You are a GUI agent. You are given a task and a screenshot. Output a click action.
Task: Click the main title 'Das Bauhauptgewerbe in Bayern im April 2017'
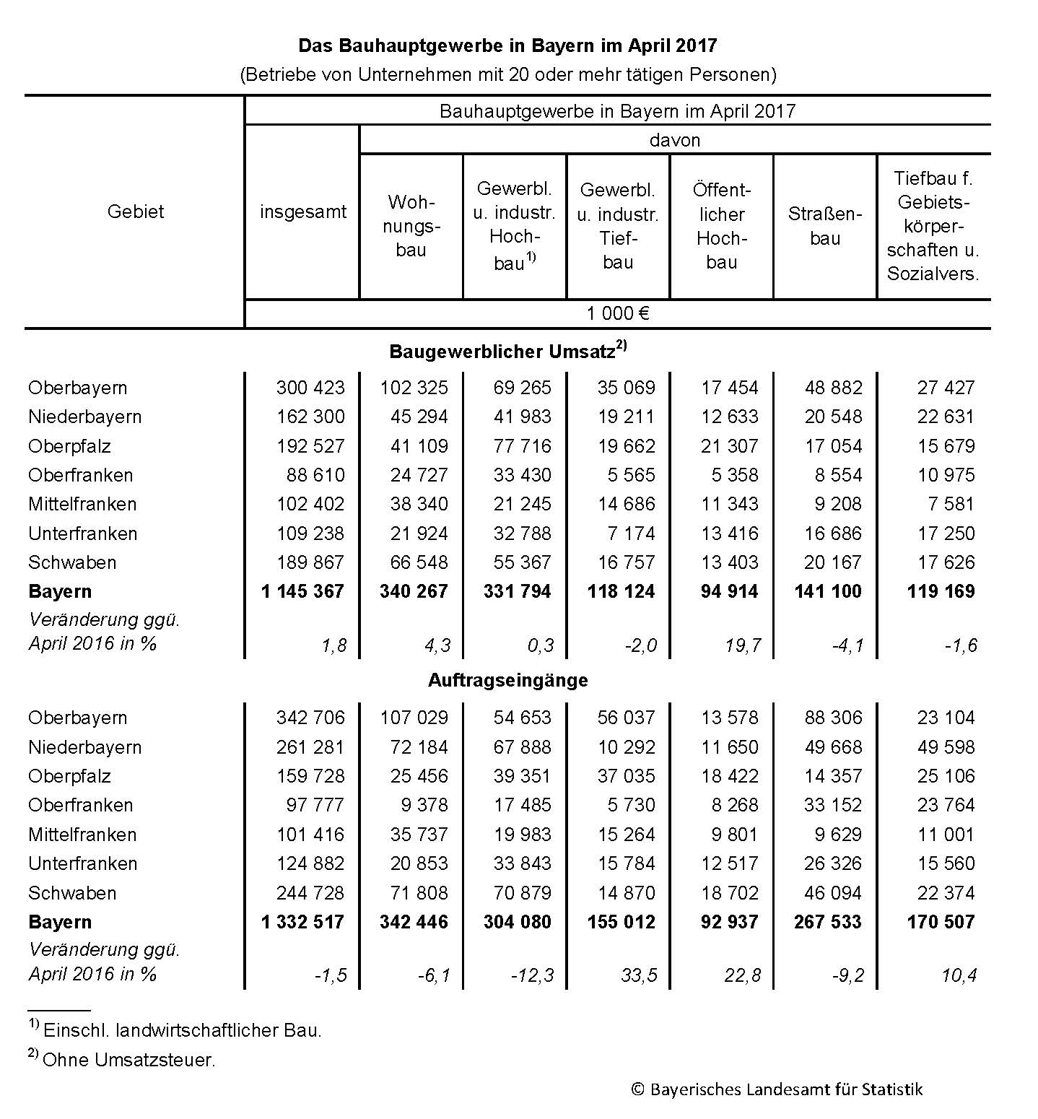pos(507,45)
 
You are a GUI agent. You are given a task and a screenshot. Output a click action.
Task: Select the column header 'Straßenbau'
pos(824,226)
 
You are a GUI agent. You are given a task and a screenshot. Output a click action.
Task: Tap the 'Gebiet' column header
pos(135,212)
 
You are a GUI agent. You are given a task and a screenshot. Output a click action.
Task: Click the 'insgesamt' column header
pos(302,212)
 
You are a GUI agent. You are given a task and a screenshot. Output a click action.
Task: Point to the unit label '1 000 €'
pos(617,313)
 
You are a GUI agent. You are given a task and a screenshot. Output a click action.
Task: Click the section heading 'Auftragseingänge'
pos(507,680)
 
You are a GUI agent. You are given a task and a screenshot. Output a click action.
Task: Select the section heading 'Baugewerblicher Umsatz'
pos(507,352)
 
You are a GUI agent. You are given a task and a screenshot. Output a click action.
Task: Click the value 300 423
pos(310,388)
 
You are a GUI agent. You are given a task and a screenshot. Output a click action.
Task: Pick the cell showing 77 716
pos(522,446)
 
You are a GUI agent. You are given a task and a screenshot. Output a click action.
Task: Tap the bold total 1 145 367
pos(302,591)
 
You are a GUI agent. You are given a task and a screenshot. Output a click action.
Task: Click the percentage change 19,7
pos(743,645)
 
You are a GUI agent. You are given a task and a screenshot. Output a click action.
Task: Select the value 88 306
pos(833,718)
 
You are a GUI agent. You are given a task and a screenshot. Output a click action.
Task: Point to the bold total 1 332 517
pos(302,922)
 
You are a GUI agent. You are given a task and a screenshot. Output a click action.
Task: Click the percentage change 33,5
pos(639,975)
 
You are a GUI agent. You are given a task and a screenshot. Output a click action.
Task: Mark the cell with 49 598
pos(946,747)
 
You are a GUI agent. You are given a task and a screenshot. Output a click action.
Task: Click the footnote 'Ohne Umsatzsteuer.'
pos(128,1060)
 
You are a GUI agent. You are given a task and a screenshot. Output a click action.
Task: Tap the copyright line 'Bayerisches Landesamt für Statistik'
pos(777,1089)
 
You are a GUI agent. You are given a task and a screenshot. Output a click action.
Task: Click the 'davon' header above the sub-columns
pos(674,140)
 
